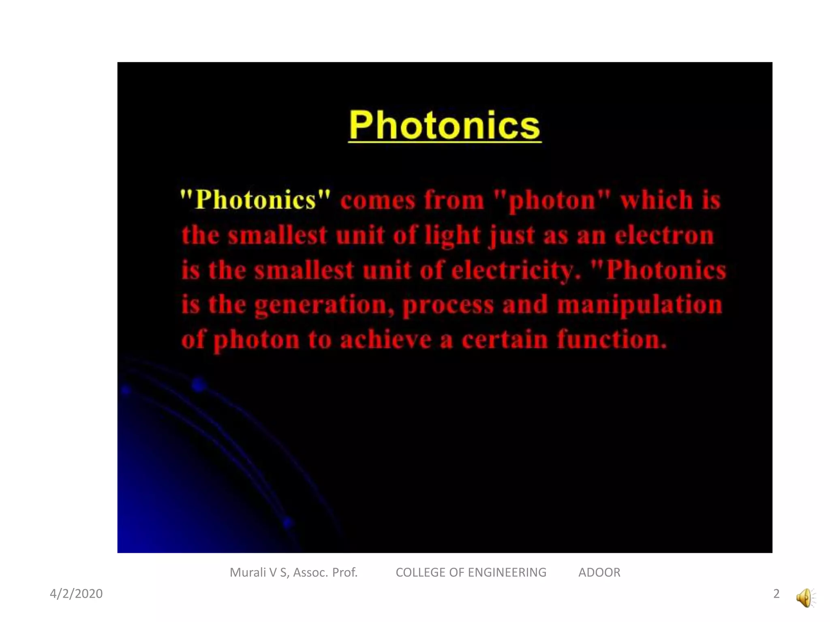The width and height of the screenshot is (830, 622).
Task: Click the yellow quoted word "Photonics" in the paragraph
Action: coord(255,200)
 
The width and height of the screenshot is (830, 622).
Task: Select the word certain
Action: coord(505,339)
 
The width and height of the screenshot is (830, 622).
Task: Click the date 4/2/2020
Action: coord(76,594)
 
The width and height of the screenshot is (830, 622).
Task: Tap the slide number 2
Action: coord(776,594)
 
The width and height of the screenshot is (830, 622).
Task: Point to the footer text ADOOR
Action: coord(599,573)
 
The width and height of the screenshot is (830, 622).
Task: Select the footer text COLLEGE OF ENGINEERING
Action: coord(471,573)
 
